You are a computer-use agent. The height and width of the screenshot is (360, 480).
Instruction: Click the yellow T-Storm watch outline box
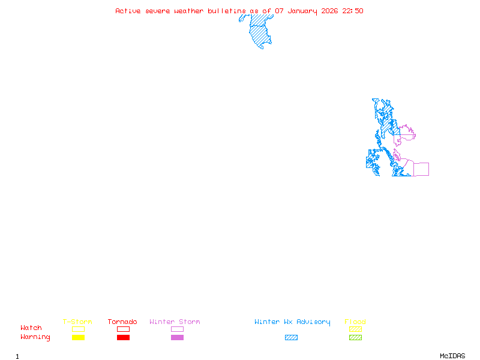(78, 329)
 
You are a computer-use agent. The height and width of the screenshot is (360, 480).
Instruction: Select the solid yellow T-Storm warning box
(78, 338)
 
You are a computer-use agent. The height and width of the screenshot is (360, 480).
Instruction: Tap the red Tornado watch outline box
(123, 329)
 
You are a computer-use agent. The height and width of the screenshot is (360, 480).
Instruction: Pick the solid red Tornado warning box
(123, 338)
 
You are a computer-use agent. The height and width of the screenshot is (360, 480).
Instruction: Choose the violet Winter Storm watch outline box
(177, 329)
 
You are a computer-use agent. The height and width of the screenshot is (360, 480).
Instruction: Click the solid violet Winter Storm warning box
(177, 338)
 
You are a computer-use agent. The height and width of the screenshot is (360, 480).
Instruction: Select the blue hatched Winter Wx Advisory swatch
(291, 338)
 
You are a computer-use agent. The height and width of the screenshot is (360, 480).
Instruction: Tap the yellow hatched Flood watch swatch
(355, 329)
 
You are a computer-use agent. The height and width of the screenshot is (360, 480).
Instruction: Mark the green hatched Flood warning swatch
(355, 338)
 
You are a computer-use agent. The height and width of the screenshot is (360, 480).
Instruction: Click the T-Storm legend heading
(77, 322)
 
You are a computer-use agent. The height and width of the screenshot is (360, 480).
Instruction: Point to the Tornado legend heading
(122, 322)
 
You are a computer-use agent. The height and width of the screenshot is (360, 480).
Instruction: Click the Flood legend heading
(355, 322)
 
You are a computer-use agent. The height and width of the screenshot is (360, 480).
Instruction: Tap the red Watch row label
(31, 328)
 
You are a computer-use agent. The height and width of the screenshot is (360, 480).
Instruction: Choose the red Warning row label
(35, 337)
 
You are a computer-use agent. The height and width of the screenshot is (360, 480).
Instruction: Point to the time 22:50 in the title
(353, 11)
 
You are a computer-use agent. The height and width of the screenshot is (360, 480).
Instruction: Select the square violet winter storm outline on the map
(421, 169)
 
